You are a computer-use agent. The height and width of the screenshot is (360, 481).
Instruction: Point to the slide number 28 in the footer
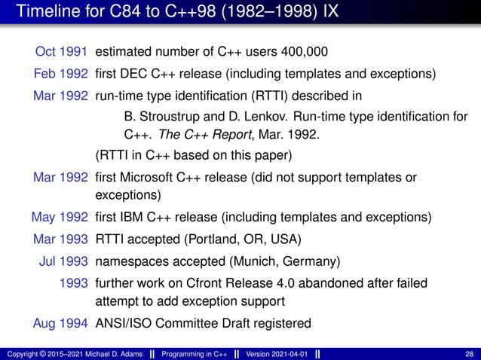[470, 355]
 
